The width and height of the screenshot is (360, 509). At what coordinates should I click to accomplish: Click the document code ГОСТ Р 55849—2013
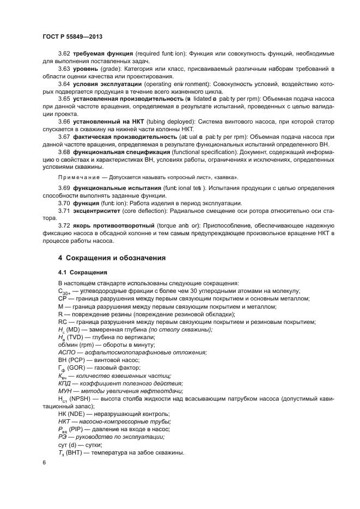(72, 36)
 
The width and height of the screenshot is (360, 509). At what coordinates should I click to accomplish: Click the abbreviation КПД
(65, 383)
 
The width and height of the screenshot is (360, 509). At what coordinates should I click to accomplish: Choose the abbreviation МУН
(66, 391)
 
